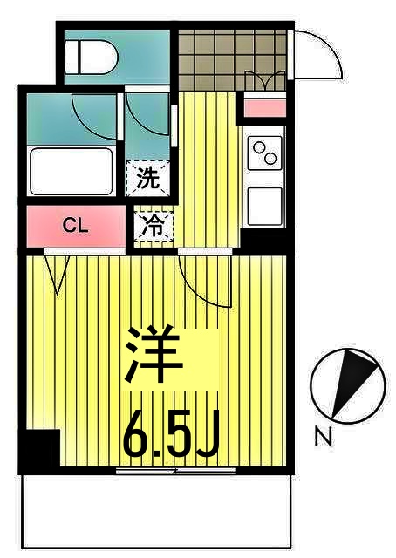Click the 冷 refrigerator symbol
(x=152, y=227)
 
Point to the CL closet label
(x=76, y=226)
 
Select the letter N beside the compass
(x=324, y=439)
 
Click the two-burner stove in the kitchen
(x=264, y=154)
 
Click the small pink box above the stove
(x=263, y=109)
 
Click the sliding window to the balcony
(x=175, y=471)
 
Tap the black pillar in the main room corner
(x=38, y=452)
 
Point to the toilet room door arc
(x=94, y=118)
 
